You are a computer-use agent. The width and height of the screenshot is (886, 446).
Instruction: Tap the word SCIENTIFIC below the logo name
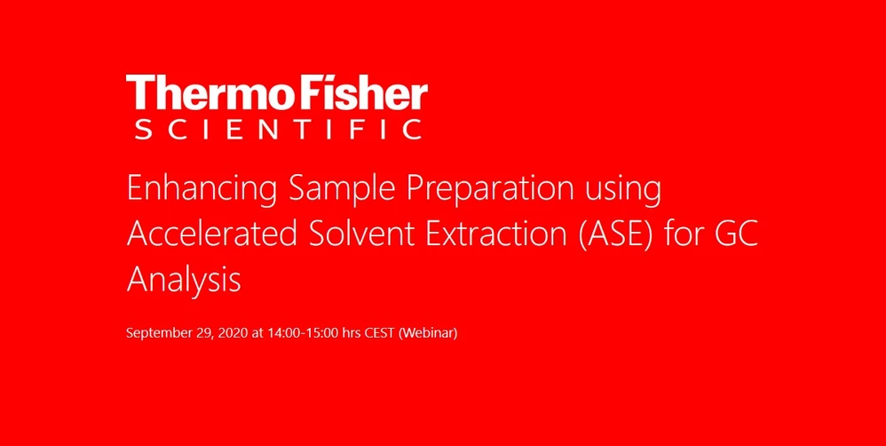(x=277, y=130)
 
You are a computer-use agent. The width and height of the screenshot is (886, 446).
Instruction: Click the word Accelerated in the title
(x=210, y=235)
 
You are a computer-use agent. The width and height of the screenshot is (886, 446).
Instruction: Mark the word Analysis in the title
(x=184, y=281)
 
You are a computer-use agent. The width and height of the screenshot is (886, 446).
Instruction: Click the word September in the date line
(x=157, y=334)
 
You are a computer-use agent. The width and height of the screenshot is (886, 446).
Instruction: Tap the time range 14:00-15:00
(x=303, y=334)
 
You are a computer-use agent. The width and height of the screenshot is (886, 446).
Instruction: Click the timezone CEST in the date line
(x=379, y=334)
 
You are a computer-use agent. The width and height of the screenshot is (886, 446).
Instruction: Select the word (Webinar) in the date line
(x=428, y=334)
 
